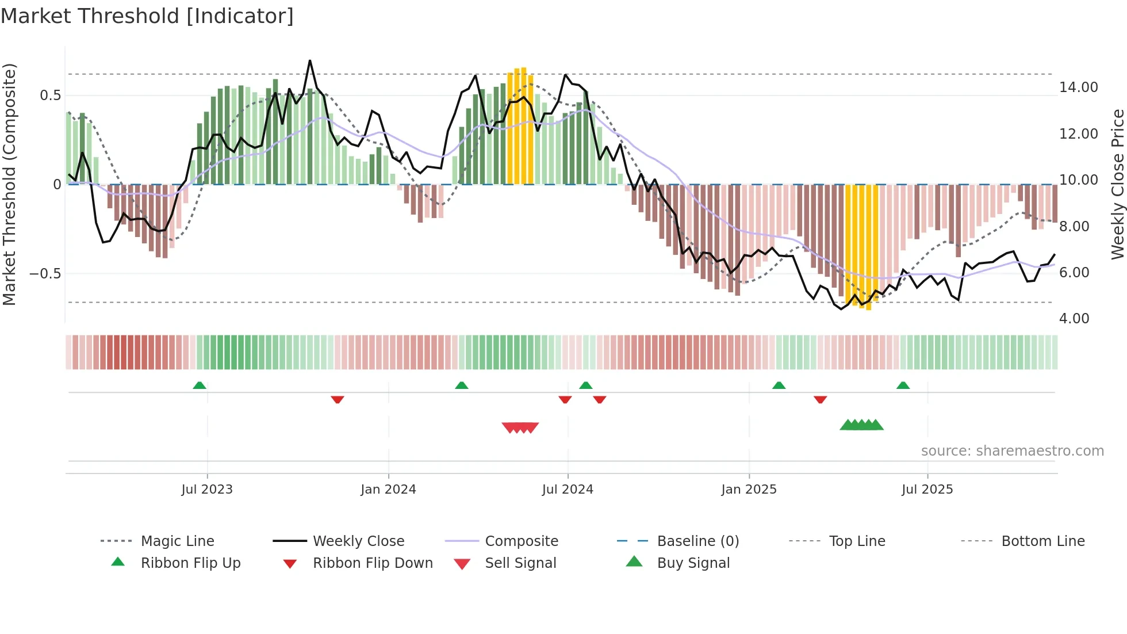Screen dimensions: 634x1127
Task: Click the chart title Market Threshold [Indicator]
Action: pyautogui.click(x=147, y=16)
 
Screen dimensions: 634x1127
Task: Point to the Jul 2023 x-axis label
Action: pyautogui.click(x=207, y=490)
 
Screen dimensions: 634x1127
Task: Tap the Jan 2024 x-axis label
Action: pyautogui.click(x=388, y=490)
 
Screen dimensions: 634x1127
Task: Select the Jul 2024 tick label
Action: pyautogui.click(x=568, y=490)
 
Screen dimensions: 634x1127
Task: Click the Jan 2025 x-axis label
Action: pyautogui.click(x=749, y=490)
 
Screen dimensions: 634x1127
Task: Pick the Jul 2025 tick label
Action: pyautogui.click(x=927, y=490)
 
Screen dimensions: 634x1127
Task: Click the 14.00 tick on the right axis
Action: pyautogui.click(x=1078, y=87)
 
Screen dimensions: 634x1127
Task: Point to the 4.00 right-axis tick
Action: pyautogui.click(x=1074, y=319)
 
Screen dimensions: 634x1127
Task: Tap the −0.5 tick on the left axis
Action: pyautogui.click(x=45, y=274)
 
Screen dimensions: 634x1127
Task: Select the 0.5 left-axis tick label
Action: pyautogui.click(x=50, y=96)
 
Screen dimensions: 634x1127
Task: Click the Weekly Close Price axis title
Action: pyautogui.click(x=1117, y=184)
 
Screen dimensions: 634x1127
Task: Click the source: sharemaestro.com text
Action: pyautogui.click(x=1012, y=451)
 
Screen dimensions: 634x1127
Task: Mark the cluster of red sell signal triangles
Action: pyautogui.click(x=520, y=427)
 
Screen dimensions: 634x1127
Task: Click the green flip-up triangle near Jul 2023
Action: pyautogui.click(x=200, y=385)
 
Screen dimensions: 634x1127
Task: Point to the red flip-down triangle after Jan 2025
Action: pyautogui.click(x=820, y=399)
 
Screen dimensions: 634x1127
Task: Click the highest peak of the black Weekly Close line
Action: pyautogui.click(x=310, y=60)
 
